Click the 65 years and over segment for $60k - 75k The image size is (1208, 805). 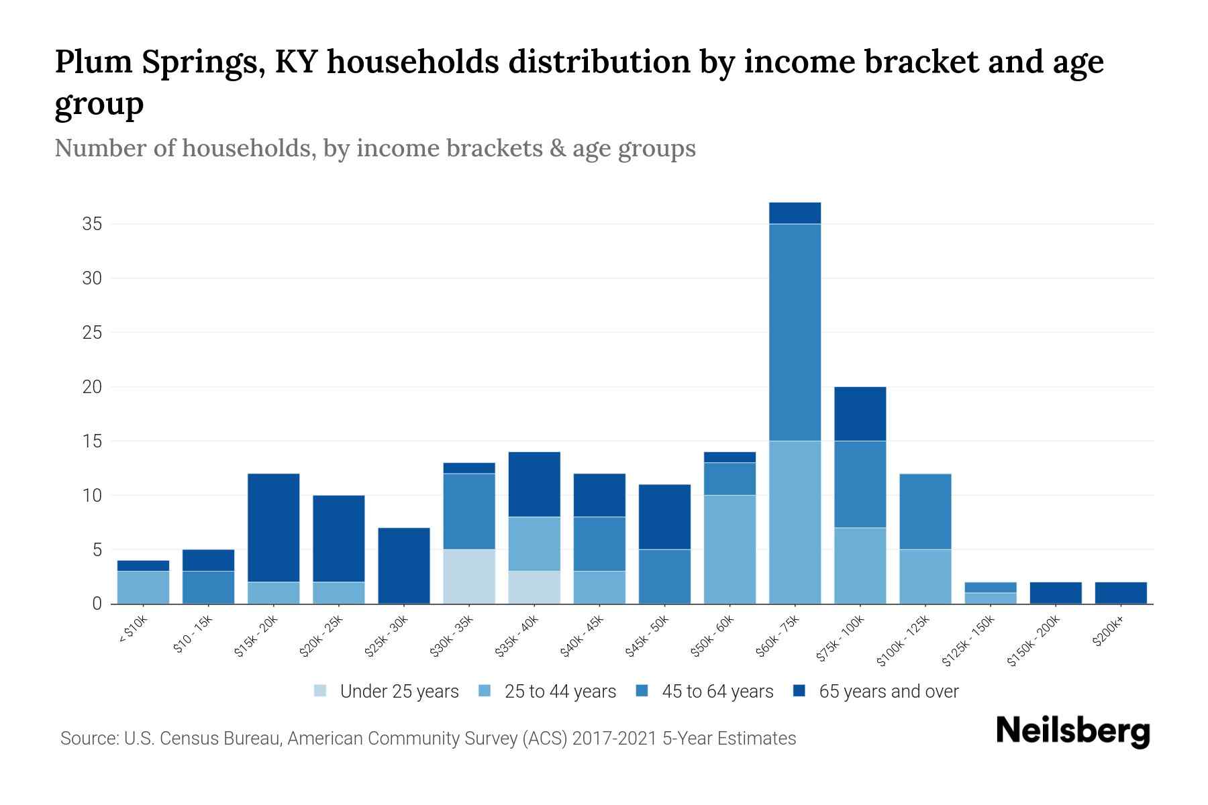[795, 213]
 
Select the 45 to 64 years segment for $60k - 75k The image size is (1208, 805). [795, 332]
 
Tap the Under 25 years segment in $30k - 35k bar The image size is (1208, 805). [469, 576]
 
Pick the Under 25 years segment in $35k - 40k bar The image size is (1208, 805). [534, 587]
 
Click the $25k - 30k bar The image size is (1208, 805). [404, 566]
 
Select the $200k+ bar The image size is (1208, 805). [1121, 593]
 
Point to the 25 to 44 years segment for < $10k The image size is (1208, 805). [143, 587]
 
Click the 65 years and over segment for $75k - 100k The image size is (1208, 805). [860, 413]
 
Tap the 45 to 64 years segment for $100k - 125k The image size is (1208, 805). [925, 511]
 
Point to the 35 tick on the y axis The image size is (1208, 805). [92, 224]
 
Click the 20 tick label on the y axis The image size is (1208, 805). [92, 387]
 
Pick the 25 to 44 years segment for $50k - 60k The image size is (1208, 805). [729, 549]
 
